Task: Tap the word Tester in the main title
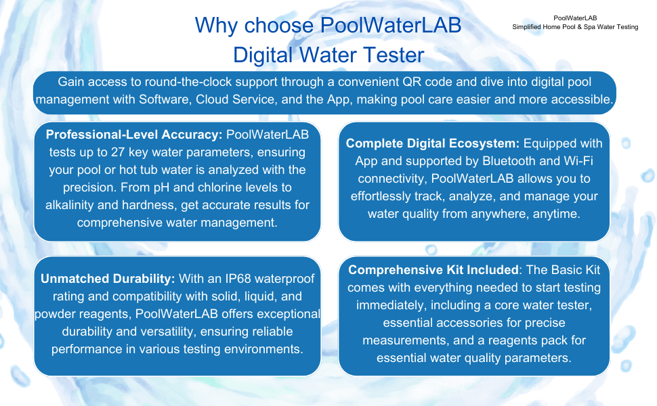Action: tap(394, 55)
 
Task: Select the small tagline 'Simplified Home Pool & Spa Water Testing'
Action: tap(575, 27)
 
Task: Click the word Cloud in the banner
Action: tap(213, 99)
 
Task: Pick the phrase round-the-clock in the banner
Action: tap(188, 82)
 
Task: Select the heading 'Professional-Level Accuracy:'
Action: tap(134, 135)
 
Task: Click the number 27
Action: tap(118, 152)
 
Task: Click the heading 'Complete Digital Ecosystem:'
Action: tap(432, 143)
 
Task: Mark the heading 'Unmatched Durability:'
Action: tap(108, 278)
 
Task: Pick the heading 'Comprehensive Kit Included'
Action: tap(433, 269)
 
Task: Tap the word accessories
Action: tap(476, 323)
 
